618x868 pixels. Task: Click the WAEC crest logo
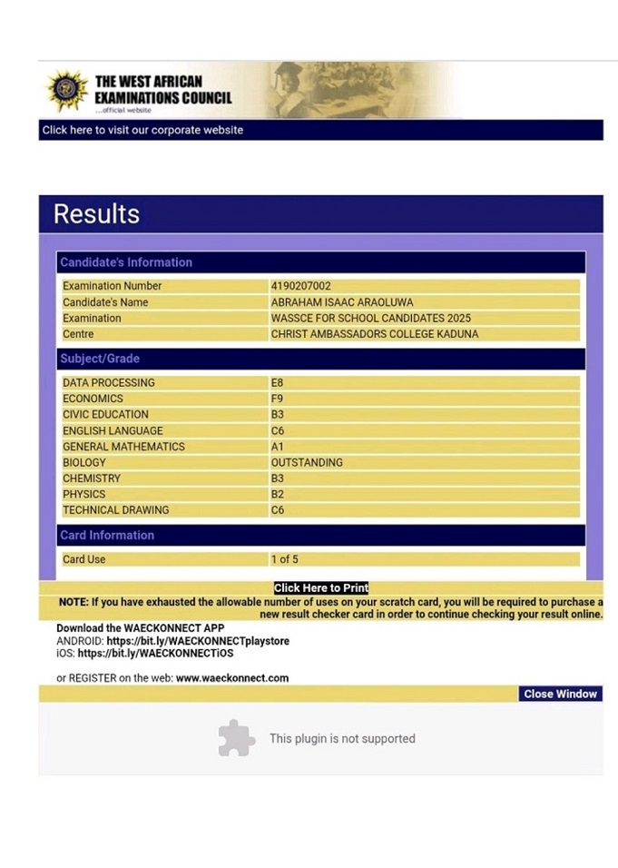click(66, 90)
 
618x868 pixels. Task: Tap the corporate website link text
click(142, 130)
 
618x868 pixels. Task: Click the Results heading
click(96, 214)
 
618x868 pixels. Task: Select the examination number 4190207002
click(300, 286)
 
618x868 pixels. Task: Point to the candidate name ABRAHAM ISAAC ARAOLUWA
click(340, 302)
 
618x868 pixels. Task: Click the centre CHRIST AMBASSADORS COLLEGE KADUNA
click(374, 334)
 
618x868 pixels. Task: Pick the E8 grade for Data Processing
click(278, 383)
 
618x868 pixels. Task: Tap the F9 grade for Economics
click(278, 399)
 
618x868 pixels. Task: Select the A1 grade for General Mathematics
click(278, 447)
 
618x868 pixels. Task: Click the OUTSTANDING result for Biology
click(307, 463)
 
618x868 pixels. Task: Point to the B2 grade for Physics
click(278, 495)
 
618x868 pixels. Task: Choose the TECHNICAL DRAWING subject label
click(115, 510)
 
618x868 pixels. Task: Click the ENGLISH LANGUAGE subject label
click(113, 431)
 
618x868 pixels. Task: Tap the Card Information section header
click(107, 535)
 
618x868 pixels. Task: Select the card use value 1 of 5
click(284, 559)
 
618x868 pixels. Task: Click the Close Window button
click(560, 694)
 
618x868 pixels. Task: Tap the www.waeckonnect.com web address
click(232, 678)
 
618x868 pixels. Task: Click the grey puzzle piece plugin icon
click(236, 738)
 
